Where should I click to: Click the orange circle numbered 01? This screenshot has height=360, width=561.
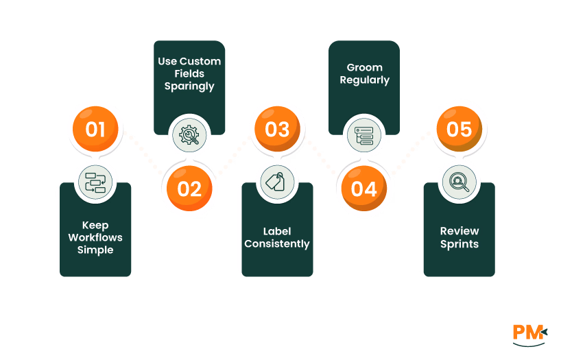tap(95, 129)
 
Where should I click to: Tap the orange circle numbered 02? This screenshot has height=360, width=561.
tap(189, 189)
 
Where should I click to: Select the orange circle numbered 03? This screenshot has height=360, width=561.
tap(277, 129)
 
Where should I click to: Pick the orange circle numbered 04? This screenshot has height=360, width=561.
tap(364, 189)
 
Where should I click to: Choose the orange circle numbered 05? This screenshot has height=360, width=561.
tap(459, 129)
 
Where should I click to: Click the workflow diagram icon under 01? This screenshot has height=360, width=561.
tap(95, 182)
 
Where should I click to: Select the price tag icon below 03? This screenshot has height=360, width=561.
tap(277, 182)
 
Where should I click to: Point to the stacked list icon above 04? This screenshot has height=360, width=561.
tap(364, 135)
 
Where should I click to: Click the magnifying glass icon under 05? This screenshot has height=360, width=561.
tap(459, 182)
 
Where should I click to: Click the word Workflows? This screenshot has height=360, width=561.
tap(95, 237)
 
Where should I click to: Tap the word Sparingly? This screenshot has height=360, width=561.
tap(189, 86)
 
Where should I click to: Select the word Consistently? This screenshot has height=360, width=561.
tap(277, 243)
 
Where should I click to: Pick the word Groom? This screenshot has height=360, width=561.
tap(364, 67)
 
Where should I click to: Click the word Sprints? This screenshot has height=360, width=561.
tap(459, 243)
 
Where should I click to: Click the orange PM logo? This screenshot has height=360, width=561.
tap(529, 333)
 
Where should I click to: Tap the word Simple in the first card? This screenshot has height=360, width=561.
tap(95, 250)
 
